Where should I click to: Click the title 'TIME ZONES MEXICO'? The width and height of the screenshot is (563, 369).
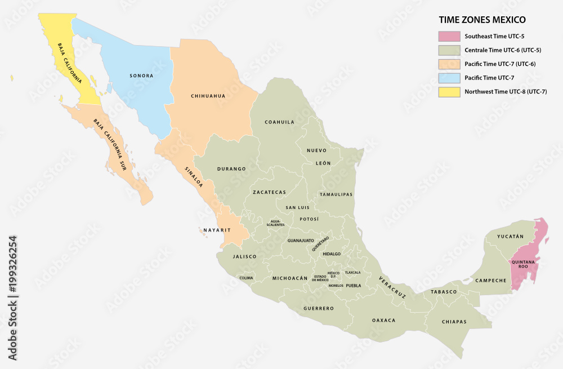point(482,20)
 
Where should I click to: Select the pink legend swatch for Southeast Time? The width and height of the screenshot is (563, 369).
point(449,36)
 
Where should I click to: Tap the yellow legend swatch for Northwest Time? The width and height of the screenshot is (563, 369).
point(449,91)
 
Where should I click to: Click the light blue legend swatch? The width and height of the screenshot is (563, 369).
point(449,77)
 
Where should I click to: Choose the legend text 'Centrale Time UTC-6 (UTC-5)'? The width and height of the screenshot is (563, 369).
point(503,50)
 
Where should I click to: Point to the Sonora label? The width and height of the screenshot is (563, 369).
point(141,75)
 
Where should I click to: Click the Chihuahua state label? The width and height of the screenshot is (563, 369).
point(208,96)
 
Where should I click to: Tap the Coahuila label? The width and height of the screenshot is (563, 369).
point(280,122)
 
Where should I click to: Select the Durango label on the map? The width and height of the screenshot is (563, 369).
point(231,168)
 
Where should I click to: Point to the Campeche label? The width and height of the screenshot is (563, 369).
point(491,280)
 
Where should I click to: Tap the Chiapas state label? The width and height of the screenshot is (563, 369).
point(454,322)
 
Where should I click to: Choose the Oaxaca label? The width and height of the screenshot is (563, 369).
point(384,320)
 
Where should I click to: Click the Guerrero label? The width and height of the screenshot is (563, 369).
point(319,308)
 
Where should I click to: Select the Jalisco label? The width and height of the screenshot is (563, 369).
point(244,256)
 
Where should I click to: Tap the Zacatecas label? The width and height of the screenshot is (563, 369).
point(269,192)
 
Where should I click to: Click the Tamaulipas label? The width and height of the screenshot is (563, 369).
point(336,194)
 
